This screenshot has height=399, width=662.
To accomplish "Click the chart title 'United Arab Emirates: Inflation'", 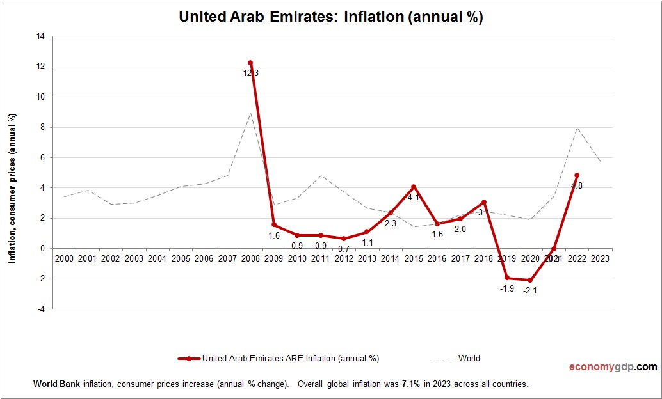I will tap(330, 17).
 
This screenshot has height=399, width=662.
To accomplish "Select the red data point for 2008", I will tap(250, 63).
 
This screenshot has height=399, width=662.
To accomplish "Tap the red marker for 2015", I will tap(414, 187).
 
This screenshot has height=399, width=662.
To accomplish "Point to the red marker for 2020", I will tap(530, 280).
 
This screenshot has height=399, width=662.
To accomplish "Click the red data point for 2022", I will tap(577, 175).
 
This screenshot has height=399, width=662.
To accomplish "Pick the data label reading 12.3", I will tap(250, 74).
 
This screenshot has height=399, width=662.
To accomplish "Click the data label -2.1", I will tap(530, 291).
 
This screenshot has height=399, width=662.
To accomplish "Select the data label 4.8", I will tap(577, 186).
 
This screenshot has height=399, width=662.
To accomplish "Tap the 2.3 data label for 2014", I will tap(391, 224).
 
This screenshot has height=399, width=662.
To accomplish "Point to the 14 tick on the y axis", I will tap(40, 36).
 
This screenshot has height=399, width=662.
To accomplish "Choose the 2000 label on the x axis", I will tap(64, 259).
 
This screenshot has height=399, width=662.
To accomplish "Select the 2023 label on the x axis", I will tap(600, 259).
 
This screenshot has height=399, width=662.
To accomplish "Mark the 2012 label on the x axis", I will tap(344, 259).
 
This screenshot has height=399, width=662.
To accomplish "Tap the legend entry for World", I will tap(468, 359).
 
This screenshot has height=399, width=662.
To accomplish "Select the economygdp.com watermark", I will tap(613, 367).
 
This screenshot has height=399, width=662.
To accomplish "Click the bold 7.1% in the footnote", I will tap(410, 384).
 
